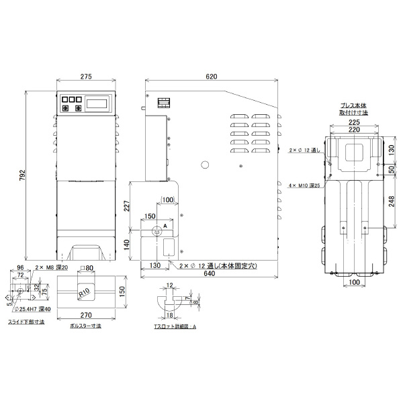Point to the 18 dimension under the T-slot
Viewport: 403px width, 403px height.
(171, 314)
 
